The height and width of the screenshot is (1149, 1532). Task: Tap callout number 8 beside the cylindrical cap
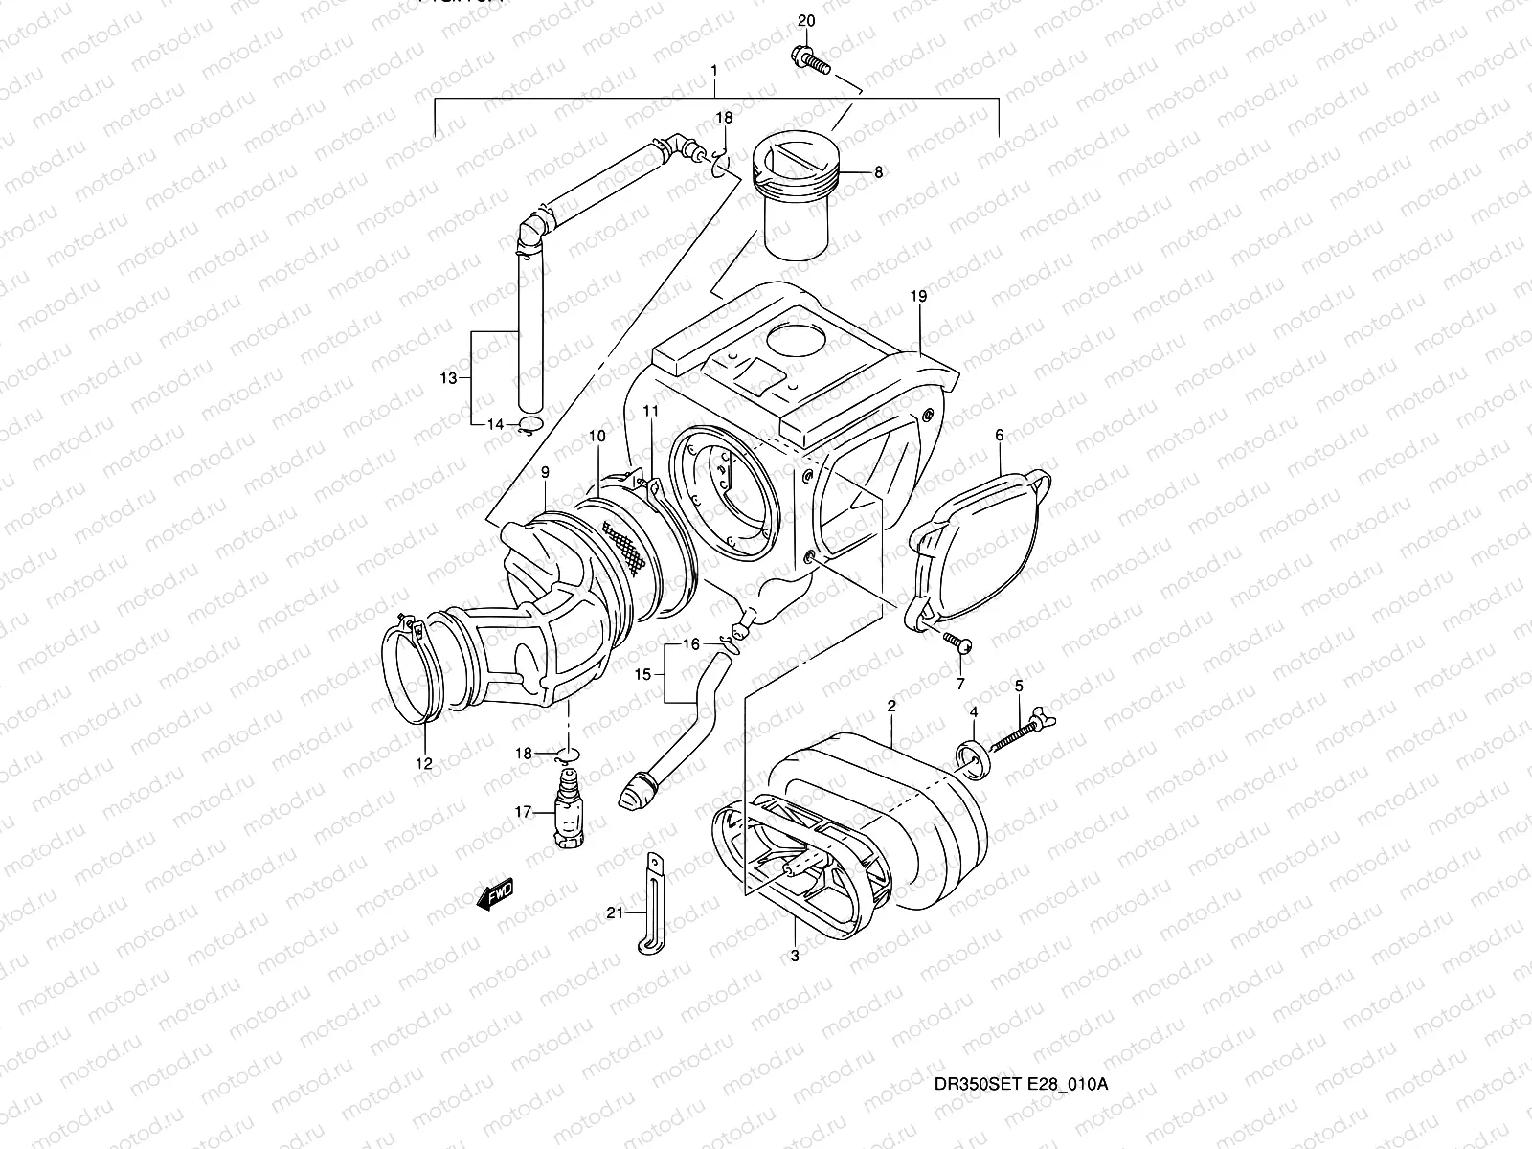(878, 173)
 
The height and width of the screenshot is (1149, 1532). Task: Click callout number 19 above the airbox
(917, 298)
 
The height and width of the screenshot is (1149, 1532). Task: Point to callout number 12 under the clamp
(423, 763)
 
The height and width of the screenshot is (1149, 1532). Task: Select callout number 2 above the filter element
(890, 706)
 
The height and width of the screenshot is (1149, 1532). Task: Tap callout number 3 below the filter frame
(794, 954)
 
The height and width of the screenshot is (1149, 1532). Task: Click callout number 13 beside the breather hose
(448, 378)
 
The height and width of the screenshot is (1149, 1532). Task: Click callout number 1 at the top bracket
(713, 71)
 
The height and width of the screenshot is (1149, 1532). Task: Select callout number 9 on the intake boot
(544, 472)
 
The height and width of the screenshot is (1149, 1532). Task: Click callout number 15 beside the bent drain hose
(643, 674)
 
